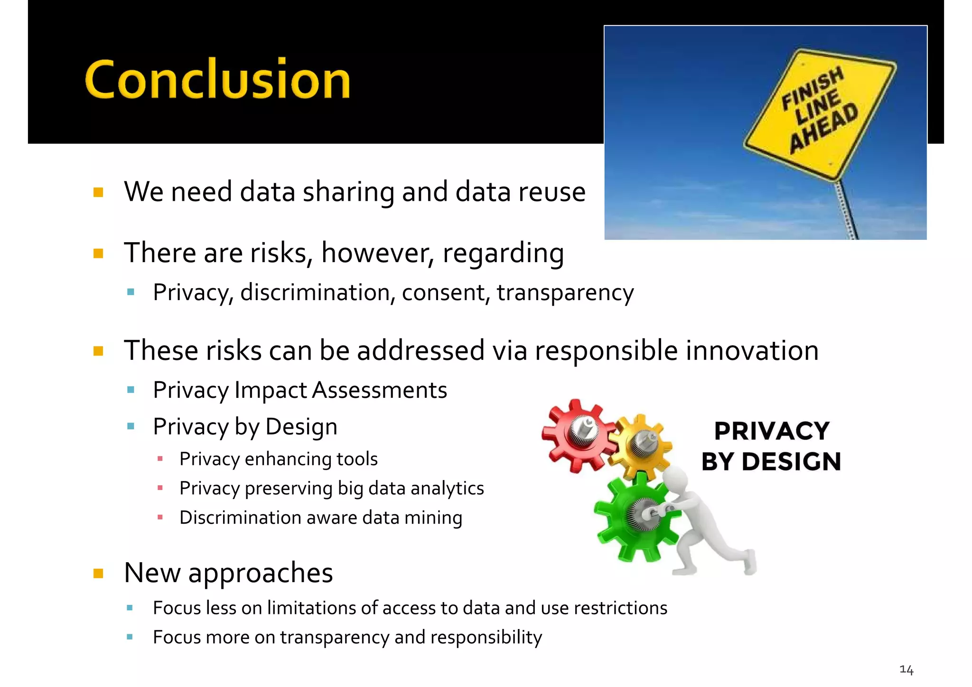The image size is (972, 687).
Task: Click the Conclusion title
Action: [x=217, y=79]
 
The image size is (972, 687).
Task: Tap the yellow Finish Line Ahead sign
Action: [x=820, y=114]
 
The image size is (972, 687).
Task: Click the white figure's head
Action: [x=676, y=480]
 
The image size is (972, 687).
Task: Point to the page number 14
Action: [x=906, y=670]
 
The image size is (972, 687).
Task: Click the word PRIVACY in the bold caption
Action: [x=772, y=431]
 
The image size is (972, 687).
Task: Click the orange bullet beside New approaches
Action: [x=98, y=574]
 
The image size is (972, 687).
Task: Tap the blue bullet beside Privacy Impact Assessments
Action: [x=131, y=390]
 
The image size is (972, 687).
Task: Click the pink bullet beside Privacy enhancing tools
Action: [x=160, y=459]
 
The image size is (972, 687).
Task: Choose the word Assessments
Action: [x=379, y=390]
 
